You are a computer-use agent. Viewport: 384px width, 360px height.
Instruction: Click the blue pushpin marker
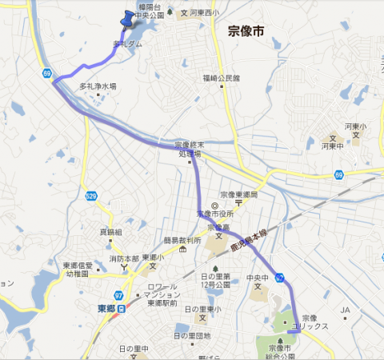[126, 18]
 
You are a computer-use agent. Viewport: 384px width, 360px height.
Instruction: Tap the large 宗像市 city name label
[246, 32]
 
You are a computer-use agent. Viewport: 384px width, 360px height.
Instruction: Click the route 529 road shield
[91, 195]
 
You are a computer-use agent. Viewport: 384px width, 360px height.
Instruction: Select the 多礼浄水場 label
[98, 86]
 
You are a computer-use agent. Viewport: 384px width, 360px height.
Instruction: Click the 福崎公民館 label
[221, 78]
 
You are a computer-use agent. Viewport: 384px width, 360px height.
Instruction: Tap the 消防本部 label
[124, 258]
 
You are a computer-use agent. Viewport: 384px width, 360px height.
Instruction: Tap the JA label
[346, 310]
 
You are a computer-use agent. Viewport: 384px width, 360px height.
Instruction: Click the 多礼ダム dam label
[127, 44]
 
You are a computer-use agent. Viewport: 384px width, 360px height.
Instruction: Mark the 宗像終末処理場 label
[188, 149]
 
